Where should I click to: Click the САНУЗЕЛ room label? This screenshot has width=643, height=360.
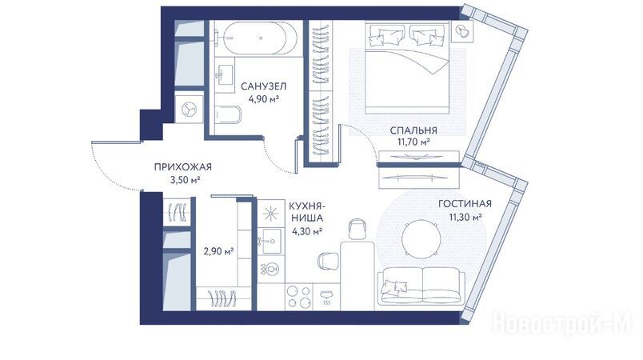point(263,86)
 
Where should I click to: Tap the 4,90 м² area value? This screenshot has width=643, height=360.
point(264,99)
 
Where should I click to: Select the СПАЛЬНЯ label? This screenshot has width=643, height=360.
point(413,130)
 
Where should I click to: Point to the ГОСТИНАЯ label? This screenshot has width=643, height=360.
point(465,204)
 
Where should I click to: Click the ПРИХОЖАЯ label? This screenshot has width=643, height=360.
point(183,167)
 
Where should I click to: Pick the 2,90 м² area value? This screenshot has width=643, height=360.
point(218,251)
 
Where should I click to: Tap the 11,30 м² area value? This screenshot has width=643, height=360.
point(465,217)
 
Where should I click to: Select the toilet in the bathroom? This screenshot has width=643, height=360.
point(228,115)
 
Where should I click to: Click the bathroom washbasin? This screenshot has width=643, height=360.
point(224,74)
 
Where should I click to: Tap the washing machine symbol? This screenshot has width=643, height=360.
point(189,109)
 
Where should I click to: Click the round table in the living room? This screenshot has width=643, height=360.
point(421,239)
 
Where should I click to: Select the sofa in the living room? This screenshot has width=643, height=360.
point(421,286)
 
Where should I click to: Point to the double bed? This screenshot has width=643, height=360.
point(407,68)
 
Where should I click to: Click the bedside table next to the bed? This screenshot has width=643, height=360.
point(462,31)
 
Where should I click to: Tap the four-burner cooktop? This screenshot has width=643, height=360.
point(299,297)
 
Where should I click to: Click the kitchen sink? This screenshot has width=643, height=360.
point(270,242)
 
